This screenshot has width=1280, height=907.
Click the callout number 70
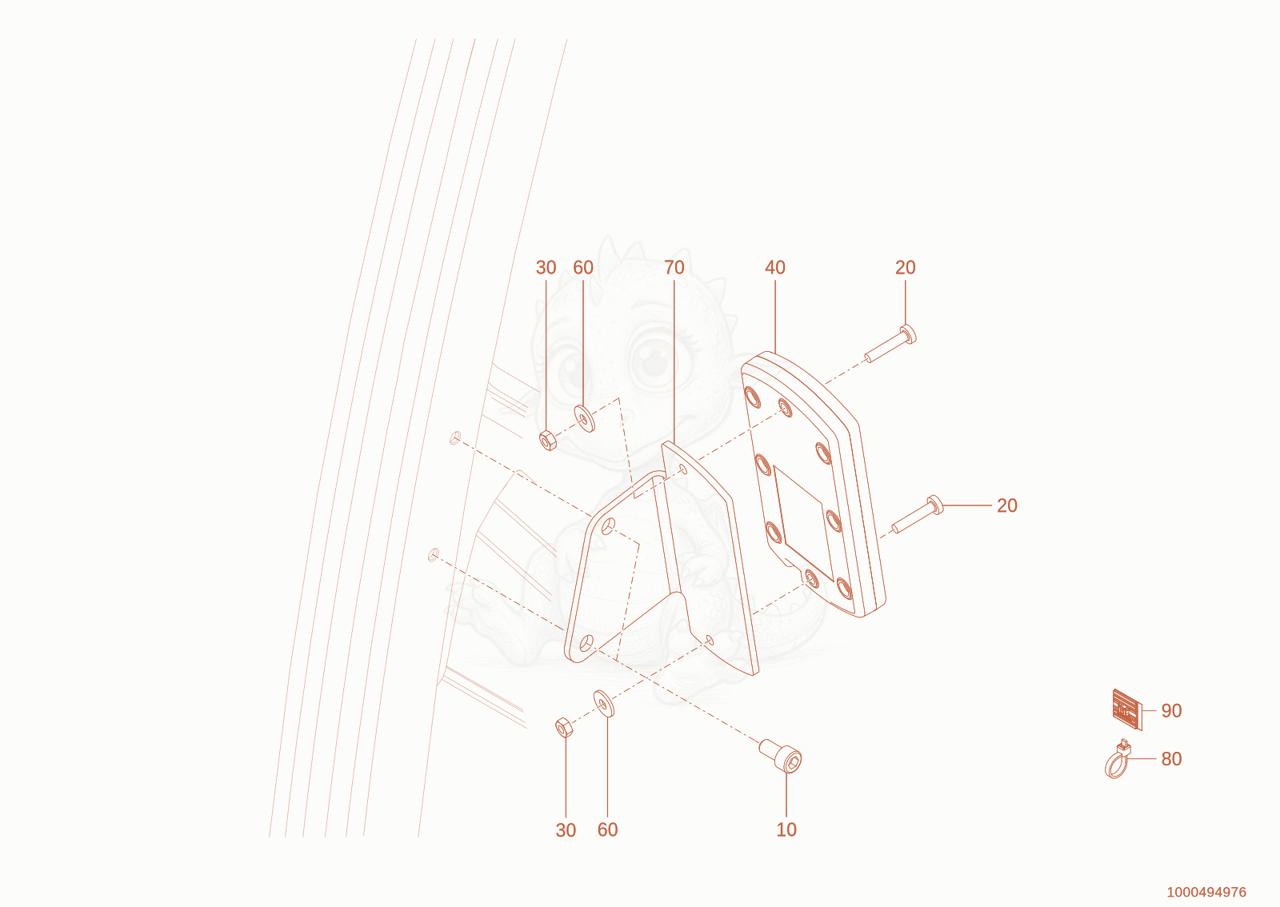(x=674, y=267)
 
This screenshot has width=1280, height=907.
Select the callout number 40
(x=775, y=267)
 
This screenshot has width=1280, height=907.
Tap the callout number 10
(x=786, y=829)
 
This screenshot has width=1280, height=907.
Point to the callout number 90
(x=1171, y=710)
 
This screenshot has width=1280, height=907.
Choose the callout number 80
(x=1171, y=758)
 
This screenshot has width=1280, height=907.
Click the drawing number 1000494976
(x=1206, y=892)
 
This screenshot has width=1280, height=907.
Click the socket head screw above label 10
(x=781, y=756)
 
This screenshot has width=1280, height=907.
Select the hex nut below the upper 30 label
(x=548, y=441)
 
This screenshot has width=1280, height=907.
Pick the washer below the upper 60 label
(x=585, y=418)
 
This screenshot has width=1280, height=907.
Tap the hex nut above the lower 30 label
(x=564, y=727)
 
